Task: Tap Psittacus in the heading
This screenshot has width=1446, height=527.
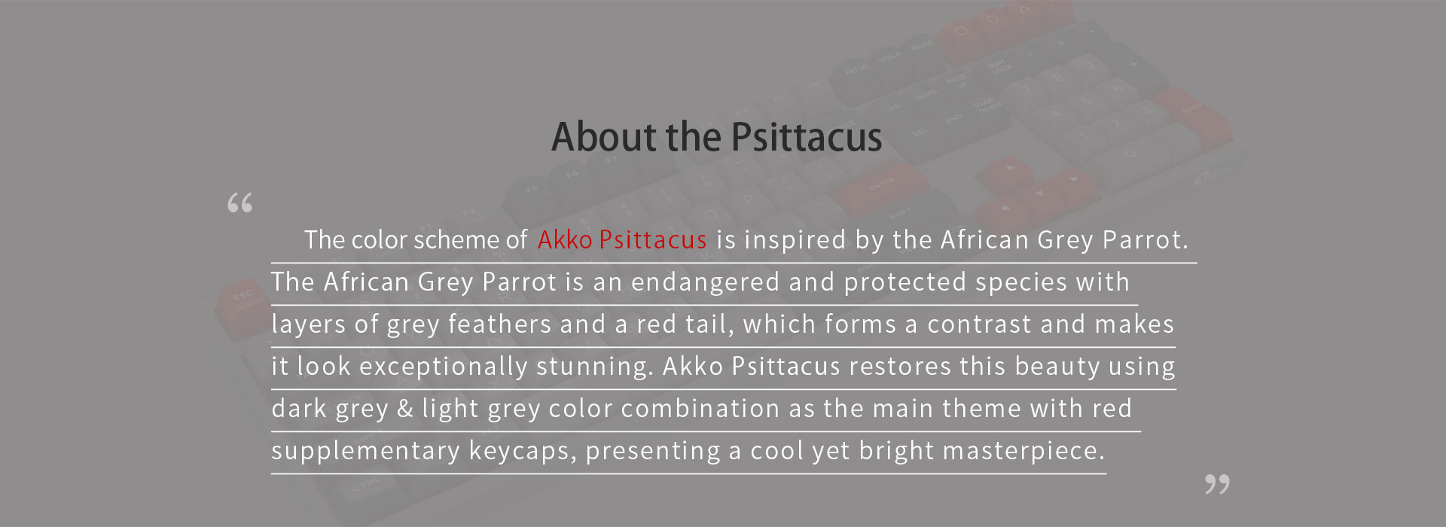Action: (807, 137)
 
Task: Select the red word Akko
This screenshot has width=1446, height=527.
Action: (565, 239)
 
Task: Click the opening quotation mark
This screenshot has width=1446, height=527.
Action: (239, 203)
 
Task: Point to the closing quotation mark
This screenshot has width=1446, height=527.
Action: (1217, 484)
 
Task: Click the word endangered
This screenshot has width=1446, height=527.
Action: (705, 282)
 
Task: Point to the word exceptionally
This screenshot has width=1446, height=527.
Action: (444, 367)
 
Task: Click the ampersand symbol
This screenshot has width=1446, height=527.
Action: (405, 409)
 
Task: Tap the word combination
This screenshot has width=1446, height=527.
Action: (700, 409)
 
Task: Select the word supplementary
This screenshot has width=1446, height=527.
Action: (365, 451)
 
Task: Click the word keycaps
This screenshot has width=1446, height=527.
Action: (519, 451)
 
